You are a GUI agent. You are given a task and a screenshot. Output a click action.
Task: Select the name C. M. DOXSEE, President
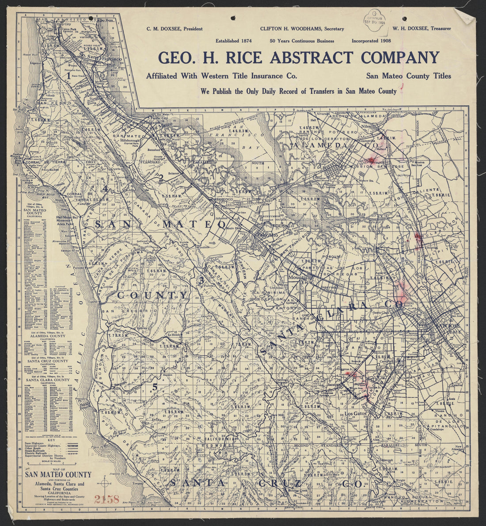pos(175,29)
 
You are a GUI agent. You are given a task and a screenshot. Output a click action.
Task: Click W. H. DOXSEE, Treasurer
pos(421,29)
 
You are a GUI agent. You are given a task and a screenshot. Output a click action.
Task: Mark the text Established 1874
pos(233,41)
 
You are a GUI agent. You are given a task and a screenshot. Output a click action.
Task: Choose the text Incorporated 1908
pos(371,41)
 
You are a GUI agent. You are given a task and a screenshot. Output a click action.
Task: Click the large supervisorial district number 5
pos(155,387)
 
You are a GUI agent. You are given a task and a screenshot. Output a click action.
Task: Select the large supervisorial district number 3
pos(201,280)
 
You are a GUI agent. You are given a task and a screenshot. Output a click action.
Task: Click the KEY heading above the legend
pos(53,441)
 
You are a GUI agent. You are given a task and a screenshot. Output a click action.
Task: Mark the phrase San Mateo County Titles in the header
pos(408,76)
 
